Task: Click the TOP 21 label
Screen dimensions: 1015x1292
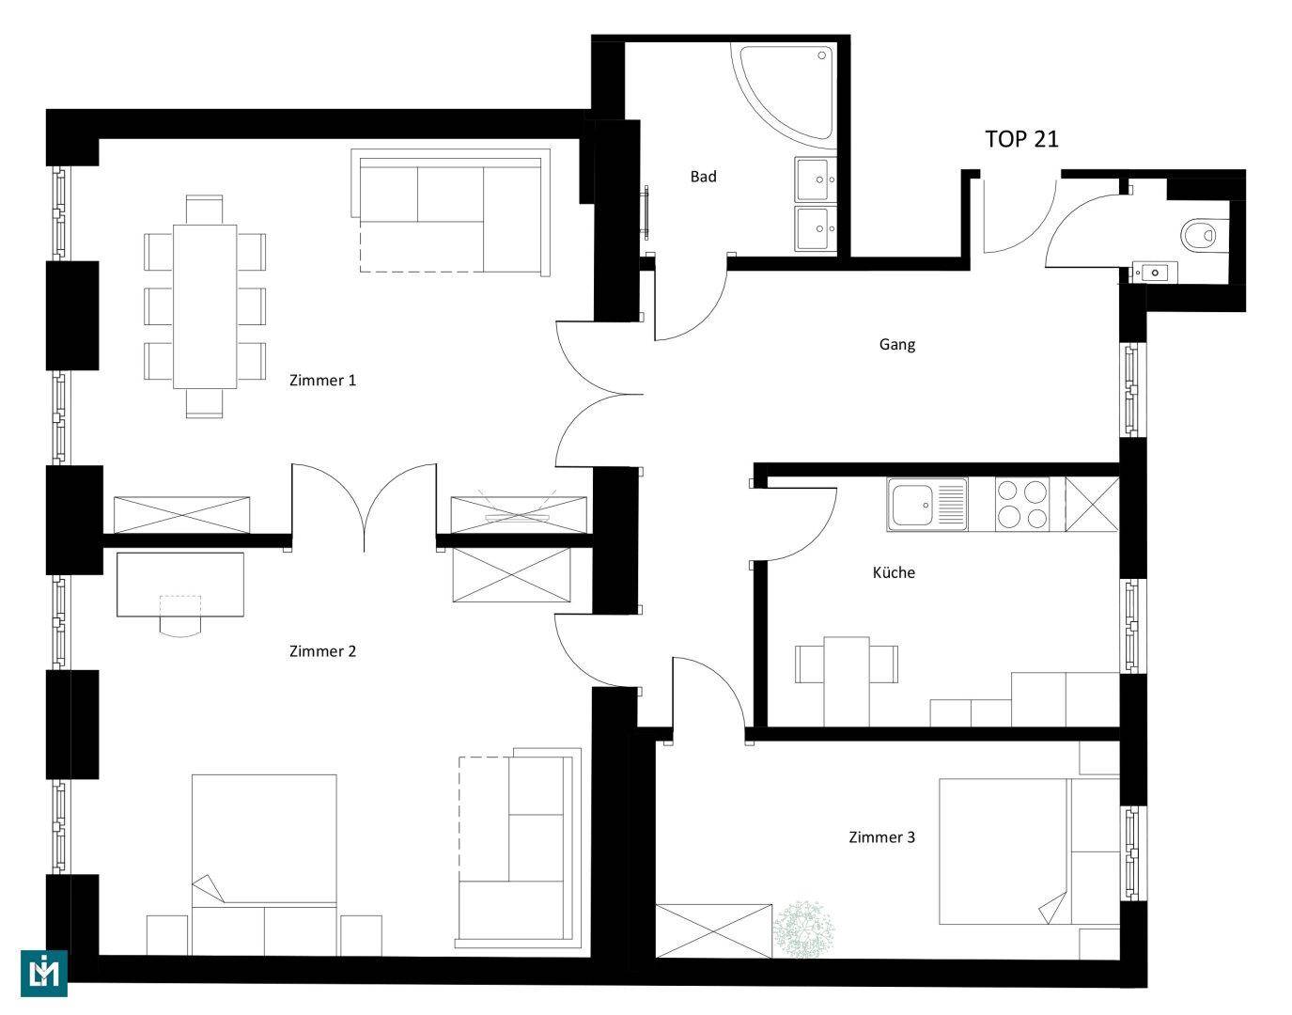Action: (1021, 139)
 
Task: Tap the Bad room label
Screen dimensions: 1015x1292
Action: (703, 177)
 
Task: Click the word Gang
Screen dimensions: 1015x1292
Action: (896, 345)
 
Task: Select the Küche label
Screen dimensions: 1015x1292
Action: (893, 572)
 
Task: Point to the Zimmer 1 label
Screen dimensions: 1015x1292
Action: (322, 381)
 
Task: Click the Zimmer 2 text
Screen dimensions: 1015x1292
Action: (322, 651)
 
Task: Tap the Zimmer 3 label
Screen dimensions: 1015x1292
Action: (881, 837)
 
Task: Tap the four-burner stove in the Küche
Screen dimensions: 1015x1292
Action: (1022, 504)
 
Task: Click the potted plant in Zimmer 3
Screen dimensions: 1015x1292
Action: (803, 929)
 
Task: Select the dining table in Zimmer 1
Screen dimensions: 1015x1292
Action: (204, 306)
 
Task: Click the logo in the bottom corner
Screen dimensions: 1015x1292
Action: (44, 972)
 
